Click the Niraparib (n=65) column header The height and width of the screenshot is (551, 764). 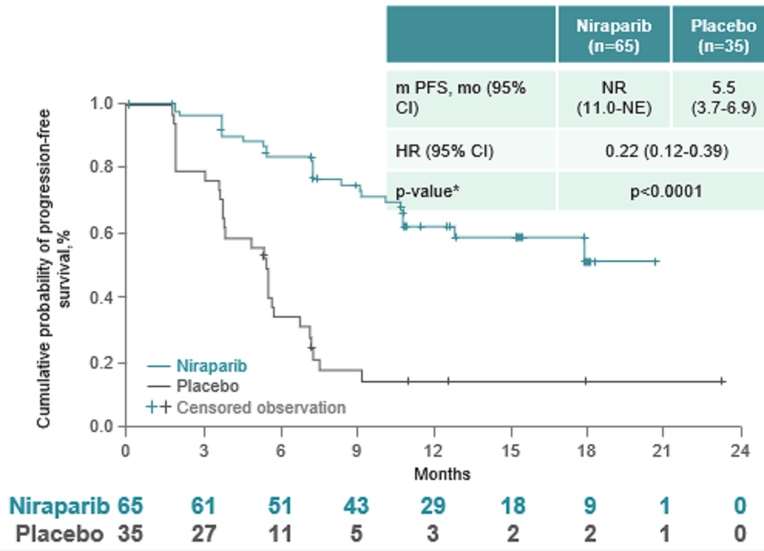(614, 35)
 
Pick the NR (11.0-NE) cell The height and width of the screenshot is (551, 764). (614, 99)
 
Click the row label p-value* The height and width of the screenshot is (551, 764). (423, 191)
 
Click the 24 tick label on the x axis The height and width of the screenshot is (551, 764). (740, 451)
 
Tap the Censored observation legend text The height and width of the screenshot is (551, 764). (261, 406)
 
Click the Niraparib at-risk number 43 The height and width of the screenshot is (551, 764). (357, 507)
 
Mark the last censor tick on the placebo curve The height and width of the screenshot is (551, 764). (722, 381)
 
